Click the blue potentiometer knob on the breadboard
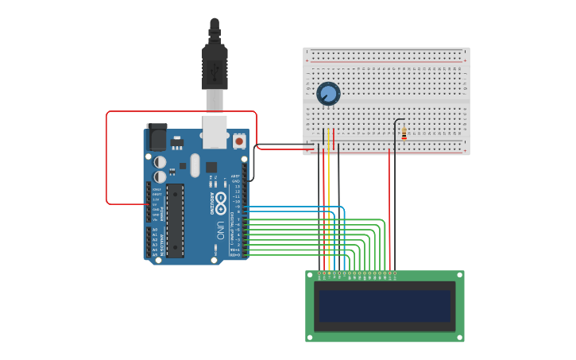pyautogui.click(x=328, y=94)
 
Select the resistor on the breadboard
pyautogui.click(x=404, y=134)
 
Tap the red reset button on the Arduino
pyautogui.click(x=239, y=141)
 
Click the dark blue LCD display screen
pyautogui.click(x=385, y=306)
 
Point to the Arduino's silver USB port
pyautogui.click(x=215, y=131)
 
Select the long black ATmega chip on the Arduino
pyautogui.click(x=175, y=221)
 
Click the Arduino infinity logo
pyautogui.click(x=220, y=199)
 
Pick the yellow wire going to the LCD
pyautogui.click(x=328, y=207)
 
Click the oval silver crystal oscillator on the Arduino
pyautogui.click(x=195, y=165)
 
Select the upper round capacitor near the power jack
pyautogui.click(x=160, y=162)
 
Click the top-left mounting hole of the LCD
pyautogui.click(x=310, y=275)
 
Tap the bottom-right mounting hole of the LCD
pyautogui.click(x=460, y=338)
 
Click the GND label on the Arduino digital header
pyautogui.click(x=235, y=181)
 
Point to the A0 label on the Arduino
pyautogui.click(x=155, y=230)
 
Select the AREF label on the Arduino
pyautogui.click(x=235, y=176)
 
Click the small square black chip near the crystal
pyautogui.click(x=211, y=167)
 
